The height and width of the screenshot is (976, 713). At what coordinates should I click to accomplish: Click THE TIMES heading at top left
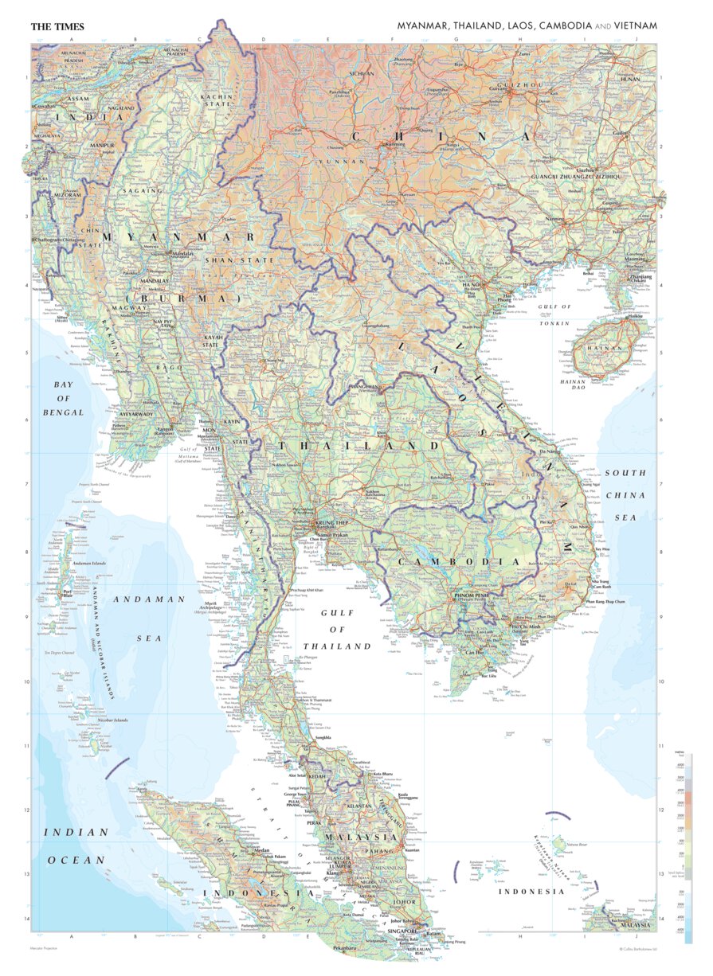click(x=57, y=26)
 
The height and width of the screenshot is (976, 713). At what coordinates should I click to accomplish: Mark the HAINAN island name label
click(x=604, y=348)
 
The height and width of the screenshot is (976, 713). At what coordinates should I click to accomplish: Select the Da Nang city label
click(x=548, y=452)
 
